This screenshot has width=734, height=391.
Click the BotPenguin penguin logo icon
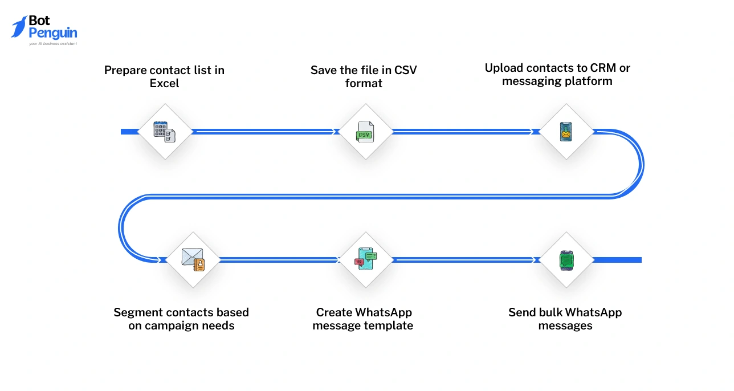(19, 27)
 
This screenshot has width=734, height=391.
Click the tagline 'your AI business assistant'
(52, 43)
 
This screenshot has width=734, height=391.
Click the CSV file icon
(365, 132)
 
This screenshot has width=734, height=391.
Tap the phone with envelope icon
(565, 132)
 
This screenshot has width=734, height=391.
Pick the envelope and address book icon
(193, 259)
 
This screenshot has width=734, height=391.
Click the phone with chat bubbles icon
(365, 259)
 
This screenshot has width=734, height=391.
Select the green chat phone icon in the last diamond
(566, 259)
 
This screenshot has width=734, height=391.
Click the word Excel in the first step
(164, 83)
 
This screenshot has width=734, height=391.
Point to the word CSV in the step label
(405, 70)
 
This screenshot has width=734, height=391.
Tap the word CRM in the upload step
(603, 68)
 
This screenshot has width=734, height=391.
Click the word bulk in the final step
(549, 312)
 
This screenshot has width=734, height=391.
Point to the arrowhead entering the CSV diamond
(334, 132)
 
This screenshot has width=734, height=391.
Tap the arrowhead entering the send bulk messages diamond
(535, 259)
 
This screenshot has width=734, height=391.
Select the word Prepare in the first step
(125, 70)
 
